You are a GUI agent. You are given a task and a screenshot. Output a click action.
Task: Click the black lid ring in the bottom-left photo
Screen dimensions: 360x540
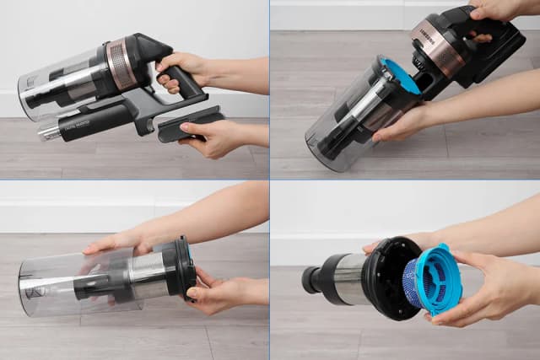[x=179, y=268]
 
